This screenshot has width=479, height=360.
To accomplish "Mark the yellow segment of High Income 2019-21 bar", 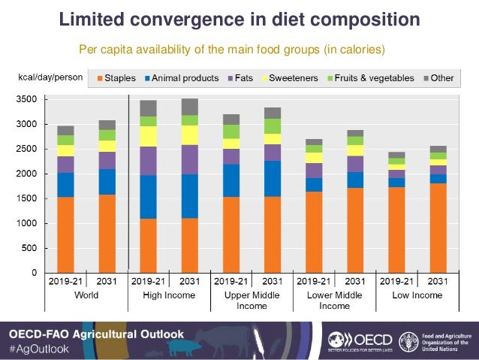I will click(x=149, y=136).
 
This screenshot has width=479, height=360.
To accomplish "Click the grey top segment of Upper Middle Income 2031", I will click(x=273, y=113).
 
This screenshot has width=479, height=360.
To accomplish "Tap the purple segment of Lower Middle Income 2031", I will click(x=355, y=163).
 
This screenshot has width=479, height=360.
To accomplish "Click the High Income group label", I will click(x=169, y=295).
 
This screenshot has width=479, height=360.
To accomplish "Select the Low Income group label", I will click(x=417, y=295).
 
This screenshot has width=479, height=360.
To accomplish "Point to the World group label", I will click(x=86, y=295).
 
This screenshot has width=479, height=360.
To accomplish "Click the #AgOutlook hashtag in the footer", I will click(x=38, y=349).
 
